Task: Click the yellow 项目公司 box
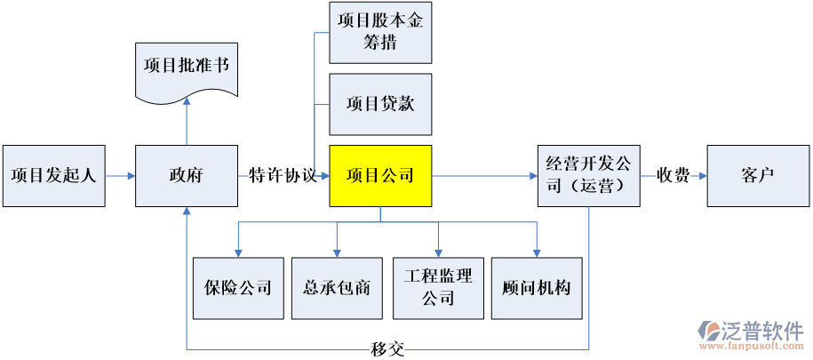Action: [x=380, y=176]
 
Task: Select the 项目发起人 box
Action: [x=53, y=176]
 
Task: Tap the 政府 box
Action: [x=186, y=176]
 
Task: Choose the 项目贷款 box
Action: [x=380, y=104]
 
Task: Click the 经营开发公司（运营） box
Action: [x=588, y=176]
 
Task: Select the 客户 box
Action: [x=757, y=176]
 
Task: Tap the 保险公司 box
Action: [x=237, y=288]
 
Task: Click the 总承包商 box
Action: [x=337, y=288]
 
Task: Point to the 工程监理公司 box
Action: [x=438, y=288]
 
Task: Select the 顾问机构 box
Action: [x=537, y=288]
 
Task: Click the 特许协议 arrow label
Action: [x=283, y=176]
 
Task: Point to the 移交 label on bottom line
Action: [x=387, y=348]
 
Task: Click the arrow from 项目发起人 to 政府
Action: [x=121, y=176]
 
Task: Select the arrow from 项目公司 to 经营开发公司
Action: [x=484, y=176]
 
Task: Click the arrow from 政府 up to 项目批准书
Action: [x=187, y=120]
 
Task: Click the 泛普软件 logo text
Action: [x=764, y=330]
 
